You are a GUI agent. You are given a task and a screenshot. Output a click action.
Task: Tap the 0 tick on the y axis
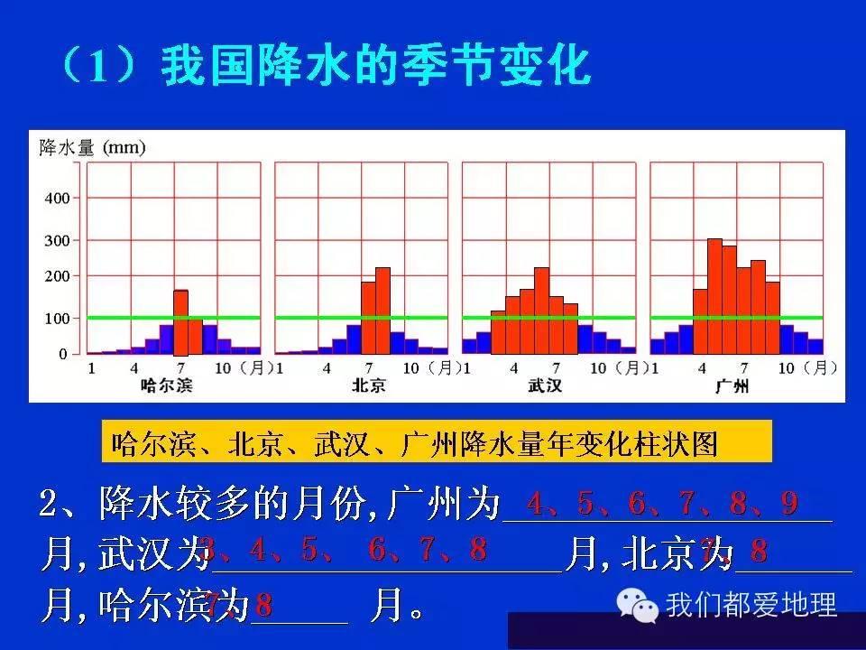63,354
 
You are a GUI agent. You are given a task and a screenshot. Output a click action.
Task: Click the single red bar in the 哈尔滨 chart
180,322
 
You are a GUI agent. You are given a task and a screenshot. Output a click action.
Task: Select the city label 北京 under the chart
368,386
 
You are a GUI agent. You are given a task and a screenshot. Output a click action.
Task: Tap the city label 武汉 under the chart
544,386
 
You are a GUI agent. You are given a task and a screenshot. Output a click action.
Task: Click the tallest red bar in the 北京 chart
382,311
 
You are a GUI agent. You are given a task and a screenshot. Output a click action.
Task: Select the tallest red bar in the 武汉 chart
541,311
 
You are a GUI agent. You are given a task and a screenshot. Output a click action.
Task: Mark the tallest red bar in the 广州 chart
714,296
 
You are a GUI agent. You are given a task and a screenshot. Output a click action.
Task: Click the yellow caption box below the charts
437,443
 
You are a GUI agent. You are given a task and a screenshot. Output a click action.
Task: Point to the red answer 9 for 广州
790,504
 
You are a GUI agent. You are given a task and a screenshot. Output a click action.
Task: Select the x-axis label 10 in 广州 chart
786,368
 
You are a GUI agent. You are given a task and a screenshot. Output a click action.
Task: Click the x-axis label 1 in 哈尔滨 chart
90,368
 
